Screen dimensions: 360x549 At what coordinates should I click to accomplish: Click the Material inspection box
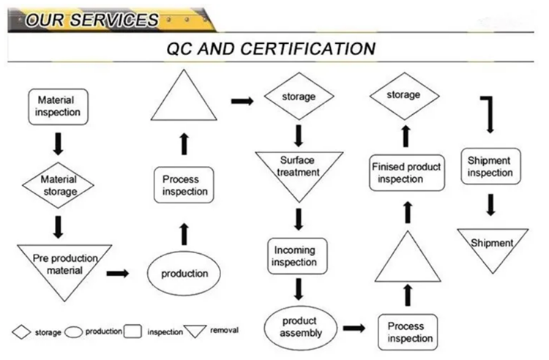[x=59, y=106]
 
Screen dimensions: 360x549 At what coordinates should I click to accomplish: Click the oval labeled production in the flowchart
[x=184, y=273]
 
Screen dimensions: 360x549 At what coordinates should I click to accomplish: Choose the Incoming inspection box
[x=294, y=256]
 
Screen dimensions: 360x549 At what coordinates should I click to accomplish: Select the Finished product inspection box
[x=406, y=172]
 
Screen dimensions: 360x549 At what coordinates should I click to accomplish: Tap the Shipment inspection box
[x=490, y=168]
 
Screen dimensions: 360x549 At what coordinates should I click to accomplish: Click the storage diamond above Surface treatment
[x=299, y=97]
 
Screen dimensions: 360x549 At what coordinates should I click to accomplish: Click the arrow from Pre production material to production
[x=117, y=273]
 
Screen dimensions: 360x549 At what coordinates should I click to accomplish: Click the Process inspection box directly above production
[x=185, y=186]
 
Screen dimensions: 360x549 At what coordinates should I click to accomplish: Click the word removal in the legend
[x=224, y=331]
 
